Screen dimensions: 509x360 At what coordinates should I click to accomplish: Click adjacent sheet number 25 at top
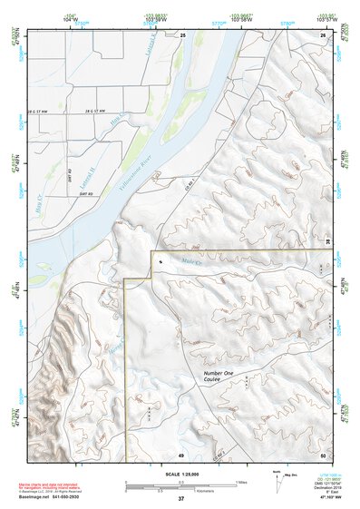pos(182,34)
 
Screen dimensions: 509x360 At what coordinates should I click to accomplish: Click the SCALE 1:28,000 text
pos(180,474)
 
